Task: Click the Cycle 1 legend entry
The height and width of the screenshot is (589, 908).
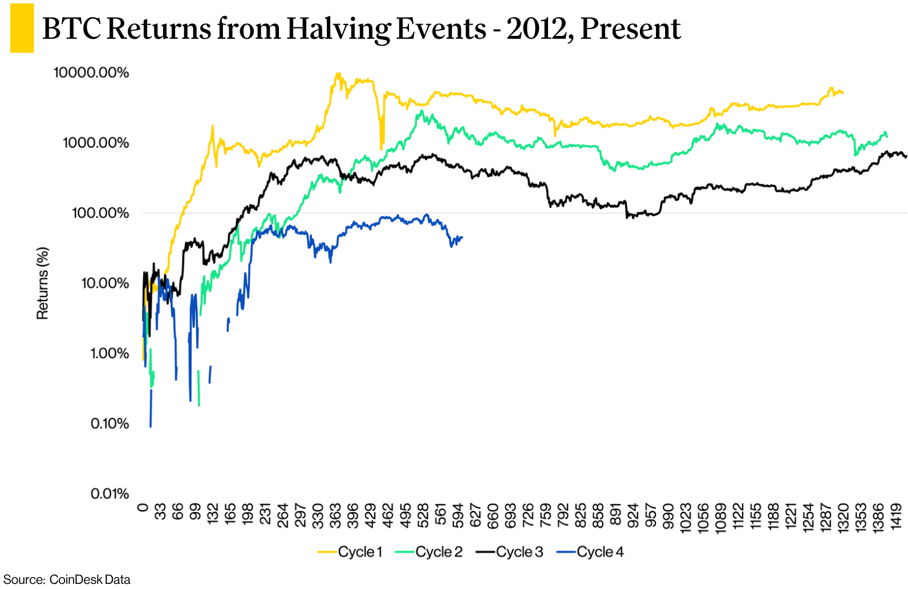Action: tap(350, 552)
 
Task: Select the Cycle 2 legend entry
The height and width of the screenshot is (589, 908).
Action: tap(429, 552)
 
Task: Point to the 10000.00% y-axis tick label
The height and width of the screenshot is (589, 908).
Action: tap(91, 73)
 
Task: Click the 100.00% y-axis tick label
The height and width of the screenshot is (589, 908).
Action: tap(100, 213)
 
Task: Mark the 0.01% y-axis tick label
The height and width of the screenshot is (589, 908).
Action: tap(110, 494)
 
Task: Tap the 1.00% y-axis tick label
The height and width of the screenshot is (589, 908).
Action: tap(110, 354)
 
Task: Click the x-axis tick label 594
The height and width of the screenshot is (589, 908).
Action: tap(458, 515)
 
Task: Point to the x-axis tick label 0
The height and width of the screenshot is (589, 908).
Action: tap(143, 507)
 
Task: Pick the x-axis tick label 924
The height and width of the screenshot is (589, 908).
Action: tap(633, 515)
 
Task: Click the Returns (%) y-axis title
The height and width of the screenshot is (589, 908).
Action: tap(43, 283)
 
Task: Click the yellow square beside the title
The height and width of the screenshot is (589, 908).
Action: tap(22, 29)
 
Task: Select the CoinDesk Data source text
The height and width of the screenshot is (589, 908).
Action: tap(90, 579)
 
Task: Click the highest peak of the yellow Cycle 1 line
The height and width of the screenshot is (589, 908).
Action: tap(338, 74)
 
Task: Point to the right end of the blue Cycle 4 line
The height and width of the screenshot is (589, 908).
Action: tap(462, 237)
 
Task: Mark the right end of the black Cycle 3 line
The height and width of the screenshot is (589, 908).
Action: tap(906, 157)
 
